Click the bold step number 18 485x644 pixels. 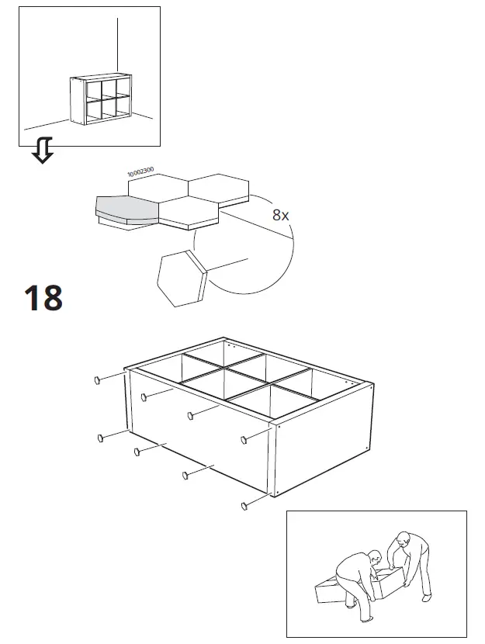tap(43, 298)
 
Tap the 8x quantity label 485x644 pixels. tap(280, 215)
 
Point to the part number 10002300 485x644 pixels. tap(140, 172)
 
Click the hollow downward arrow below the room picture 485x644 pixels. tap(43, 151)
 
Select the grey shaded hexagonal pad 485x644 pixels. tap(124, 208)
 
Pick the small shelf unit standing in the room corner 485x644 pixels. tap(100, 101)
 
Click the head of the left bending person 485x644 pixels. tap(374, 556)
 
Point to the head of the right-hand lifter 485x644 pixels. tap(401, 537)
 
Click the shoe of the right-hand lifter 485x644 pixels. tap(425, 596)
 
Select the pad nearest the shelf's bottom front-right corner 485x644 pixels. tap(244, 505)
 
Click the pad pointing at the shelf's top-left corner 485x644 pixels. tap(99, 379)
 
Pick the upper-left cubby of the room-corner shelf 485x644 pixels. tap(91, 89)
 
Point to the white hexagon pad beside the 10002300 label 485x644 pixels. tap(158, 187)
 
